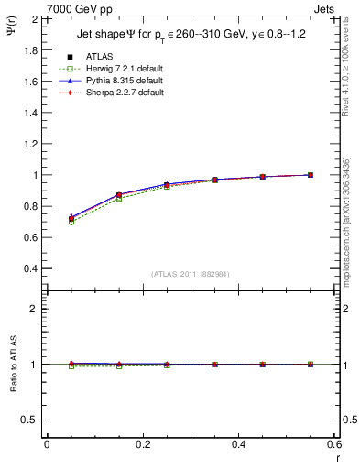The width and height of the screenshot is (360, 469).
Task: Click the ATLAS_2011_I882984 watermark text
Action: [190, 274]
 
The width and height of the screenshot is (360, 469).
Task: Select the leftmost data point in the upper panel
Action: [47, 219]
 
